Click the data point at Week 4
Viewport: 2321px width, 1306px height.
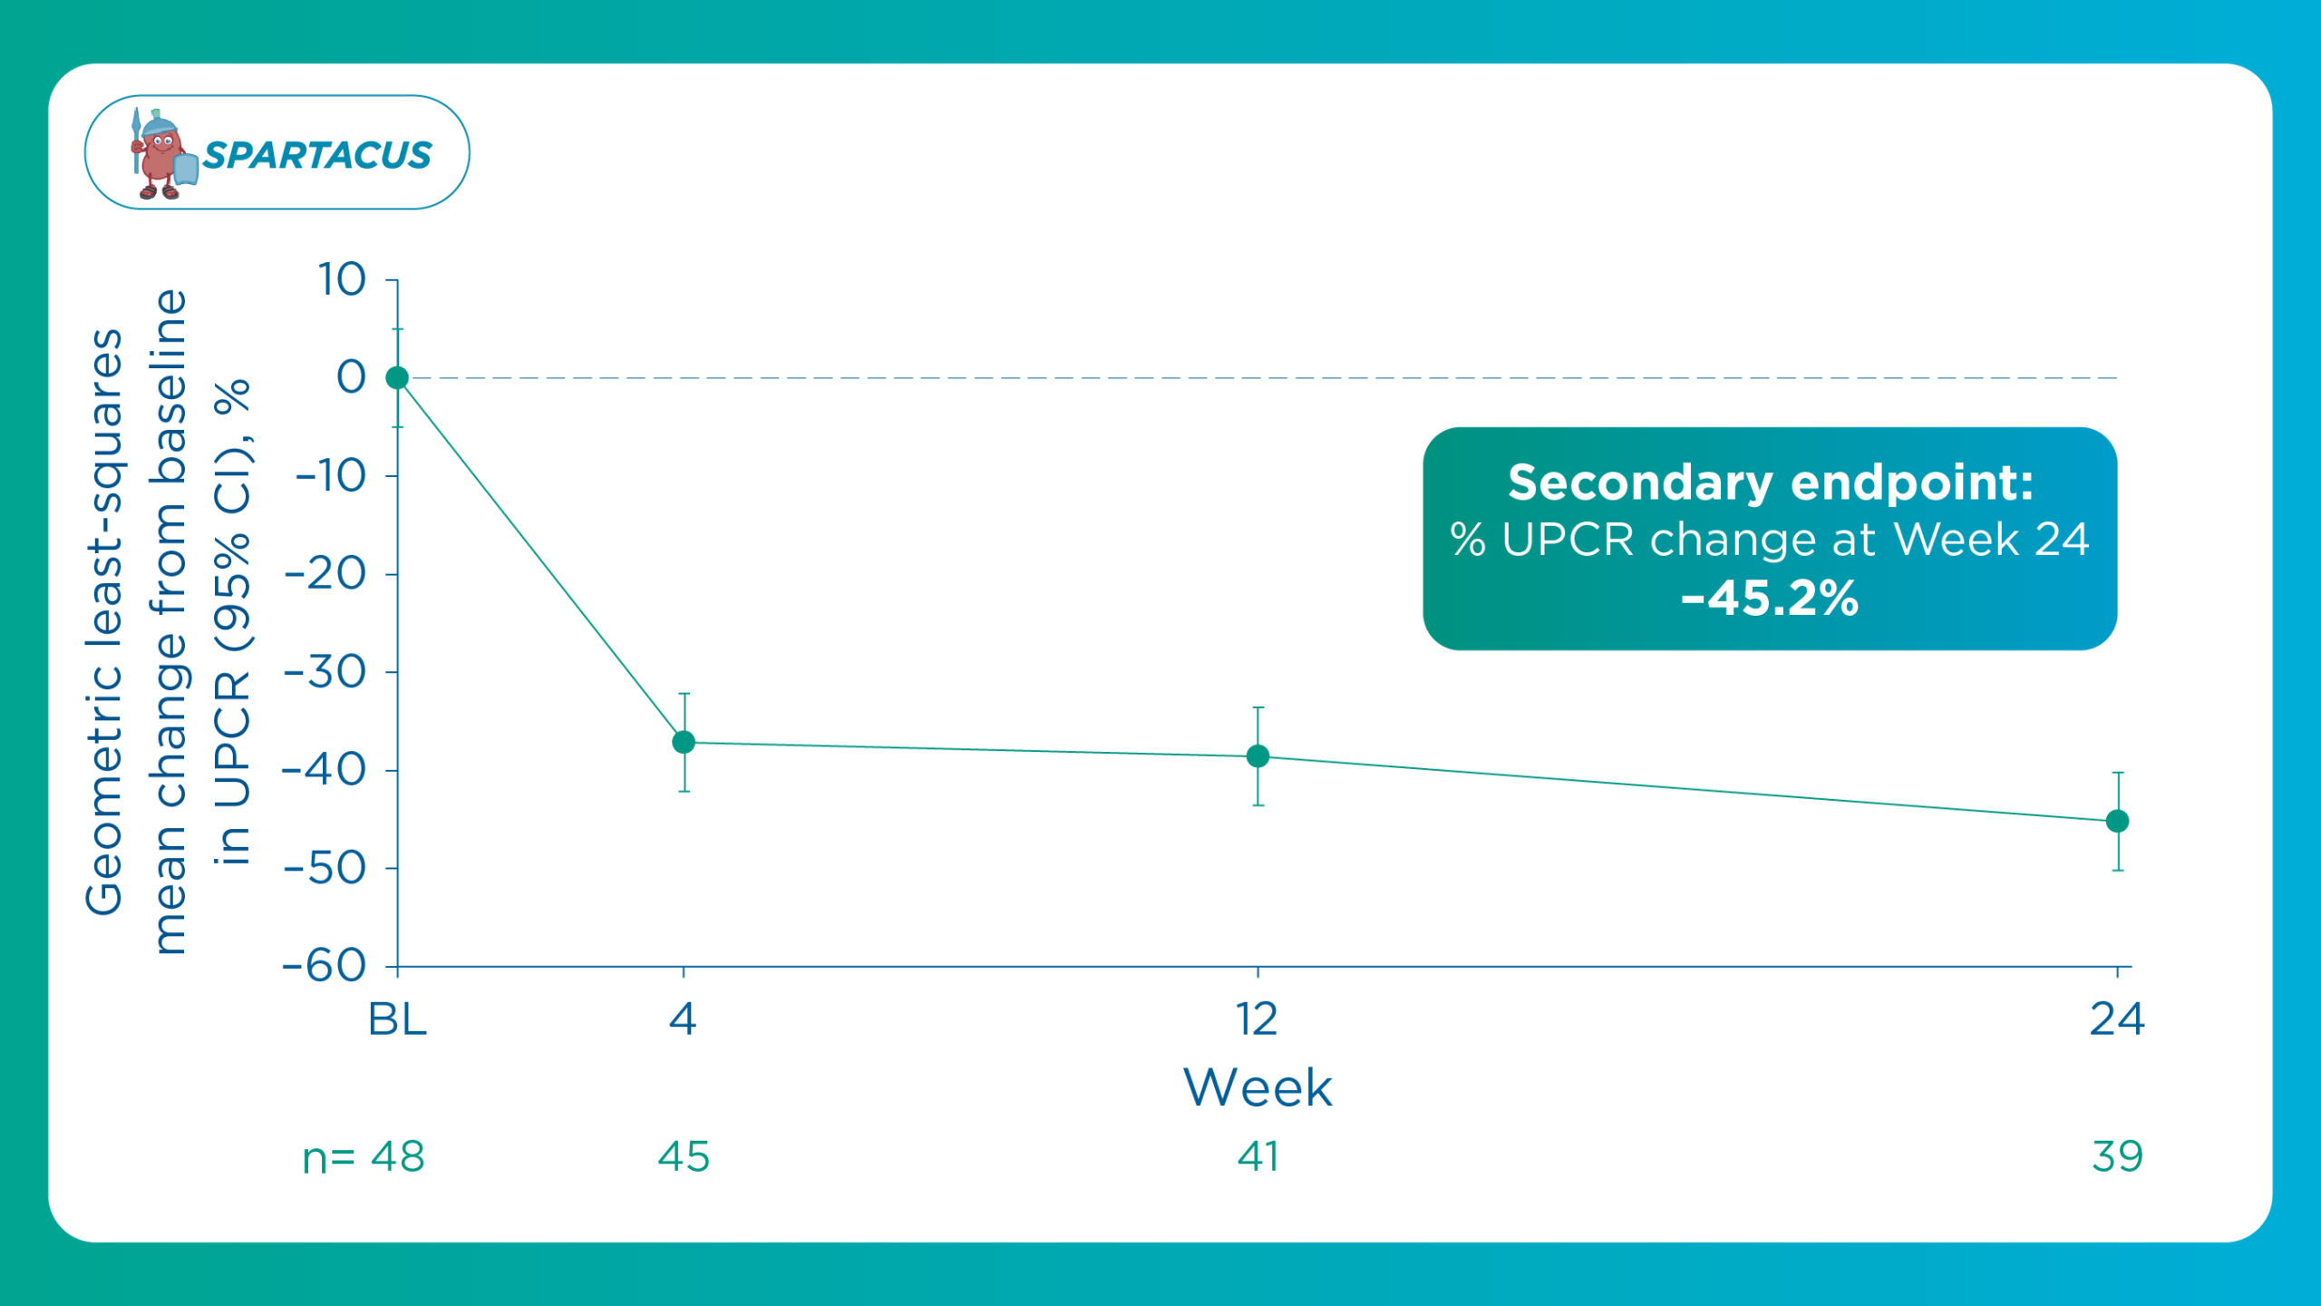(x=684, y=742)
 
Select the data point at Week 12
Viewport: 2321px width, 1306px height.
(x=1258, y=755)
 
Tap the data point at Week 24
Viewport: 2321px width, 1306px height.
(x=2117, y=821)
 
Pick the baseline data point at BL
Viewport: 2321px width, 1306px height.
(x=397, y=377)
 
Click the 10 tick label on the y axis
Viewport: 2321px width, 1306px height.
(x=342, y=279)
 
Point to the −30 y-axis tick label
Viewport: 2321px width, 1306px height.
(x=325, y=672)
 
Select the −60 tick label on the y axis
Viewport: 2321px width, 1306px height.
(x=324, y=966)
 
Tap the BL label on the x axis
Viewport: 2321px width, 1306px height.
(x=397, y=1019)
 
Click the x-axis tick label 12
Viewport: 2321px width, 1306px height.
(x=1258, y=1019)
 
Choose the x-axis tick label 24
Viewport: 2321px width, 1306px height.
(x=2117, y=1019)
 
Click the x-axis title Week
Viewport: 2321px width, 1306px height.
(x=1258, y=1087)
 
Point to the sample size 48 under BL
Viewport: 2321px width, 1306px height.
(x=397, y=1156)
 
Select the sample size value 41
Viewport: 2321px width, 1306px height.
(x=1258, y=1156)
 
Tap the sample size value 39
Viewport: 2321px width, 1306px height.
(x=2117, y=1156)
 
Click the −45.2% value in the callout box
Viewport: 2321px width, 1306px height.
(x=1770, y=599)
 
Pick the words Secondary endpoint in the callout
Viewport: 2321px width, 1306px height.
(x=1770, y=482)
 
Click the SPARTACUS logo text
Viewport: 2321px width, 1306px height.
(x=317, y=155)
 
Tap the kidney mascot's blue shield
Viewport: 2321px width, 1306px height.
(x=186, y=169)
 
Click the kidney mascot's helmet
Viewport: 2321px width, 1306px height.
(x=160, y=124)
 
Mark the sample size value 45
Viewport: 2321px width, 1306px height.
(x=684, y=1156)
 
